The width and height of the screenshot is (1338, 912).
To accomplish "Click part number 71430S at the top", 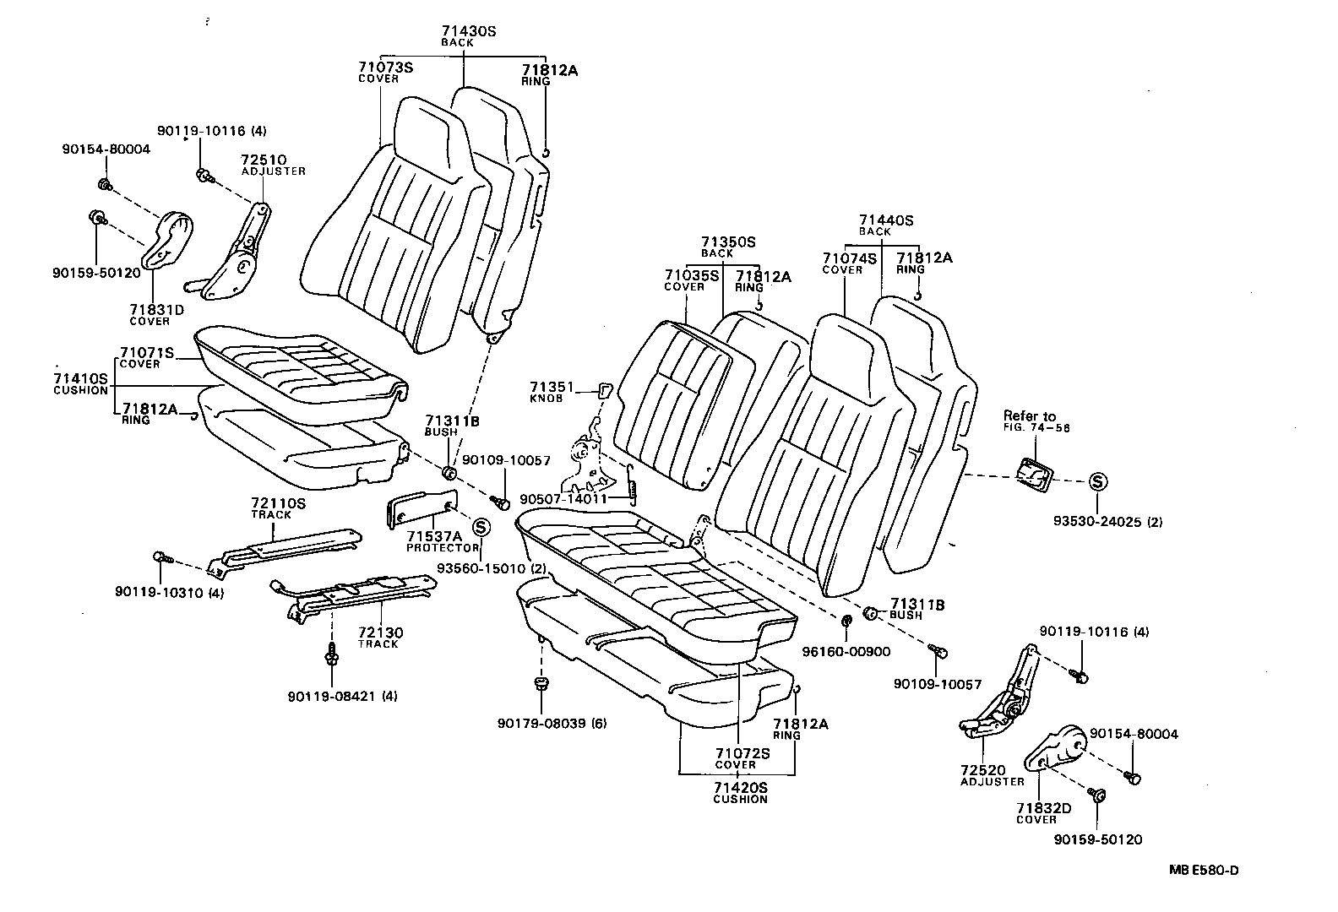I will coord(467,31).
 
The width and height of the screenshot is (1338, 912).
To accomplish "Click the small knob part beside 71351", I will coord(605,390).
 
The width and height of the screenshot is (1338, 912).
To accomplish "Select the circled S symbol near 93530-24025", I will coord(1097,481).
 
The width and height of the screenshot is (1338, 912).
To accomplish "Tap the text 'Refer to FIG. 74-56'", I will coord(1036,421).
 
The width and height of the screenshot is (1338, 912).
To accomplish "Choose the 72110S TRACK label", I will coord(277,508).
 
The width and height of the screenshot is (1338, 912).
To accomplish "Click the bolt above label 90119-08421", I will coord(332,655).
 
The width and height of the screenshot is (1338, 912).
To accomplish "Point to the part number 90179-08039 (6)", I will coord(552,723).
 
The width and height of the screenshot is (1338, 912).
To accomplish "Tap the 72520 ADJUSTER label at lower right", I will coord(992,775).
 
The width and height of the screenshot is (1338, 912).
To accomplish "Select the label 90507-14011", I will coord(563,498).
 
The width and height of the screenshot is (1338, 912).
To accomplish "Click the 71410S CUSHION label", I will coord(81,383).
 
